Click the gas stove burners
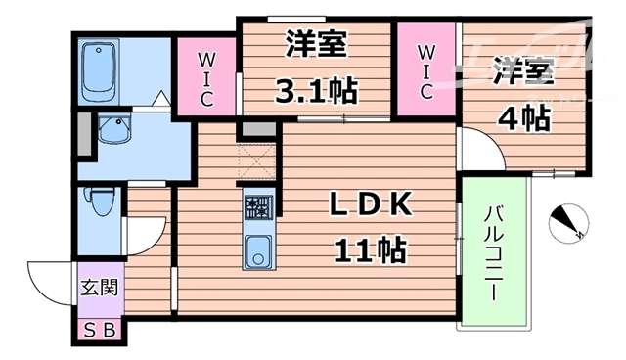(x=258, y=207)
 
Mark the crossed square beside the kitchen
(x=257, y=161)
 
